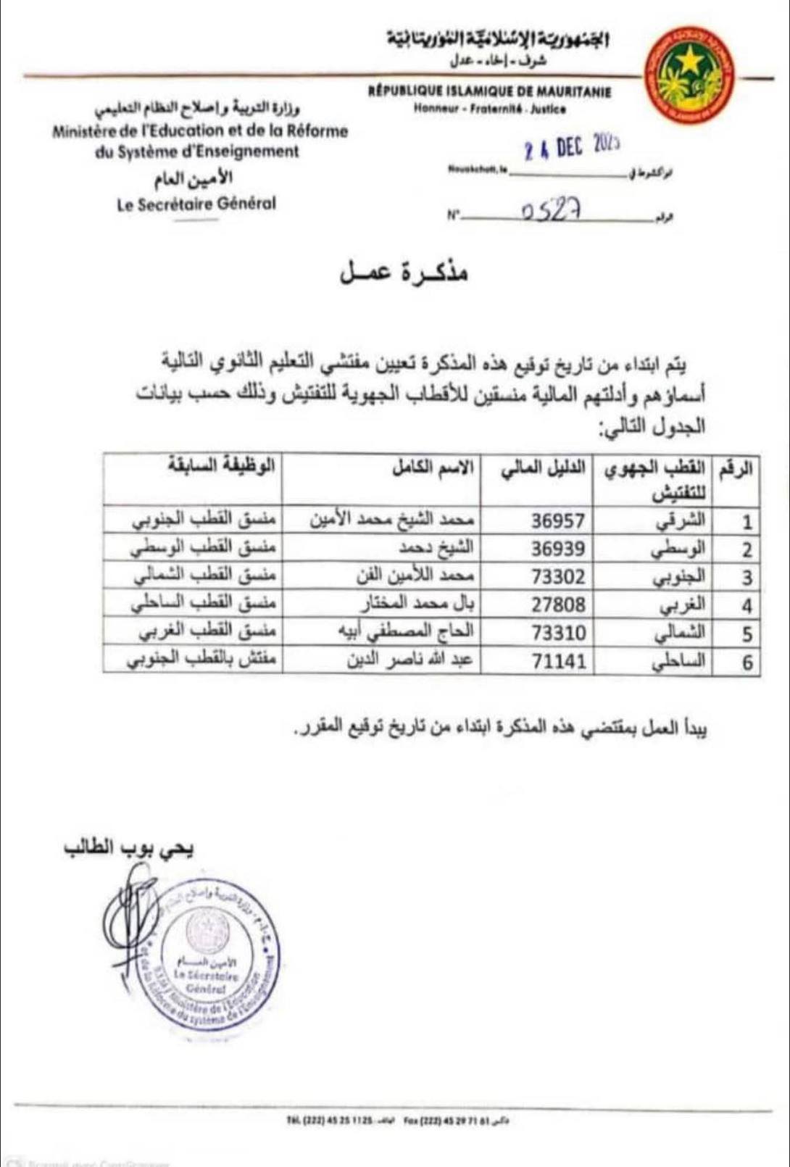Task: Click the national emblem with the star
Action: [690, 75]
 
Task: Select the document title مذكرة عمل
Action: [404, 270]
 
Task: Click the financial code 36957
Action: [557, 521]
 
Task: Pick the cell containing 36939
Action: [557, 549]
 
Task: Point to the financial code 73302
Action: [557, 577]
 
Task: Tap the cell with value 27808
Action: [557, 605]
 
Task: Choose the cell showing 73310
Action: [557, 633]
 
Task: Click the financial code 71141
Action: [557, 661]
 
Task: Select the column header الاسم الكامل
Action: [433, 469]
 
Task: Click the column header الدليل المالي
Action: [543, 469]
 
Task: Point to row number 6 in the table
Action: [747, 663]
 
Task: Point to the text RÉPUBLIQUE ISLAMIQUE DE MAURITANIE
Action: [489, 92]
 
